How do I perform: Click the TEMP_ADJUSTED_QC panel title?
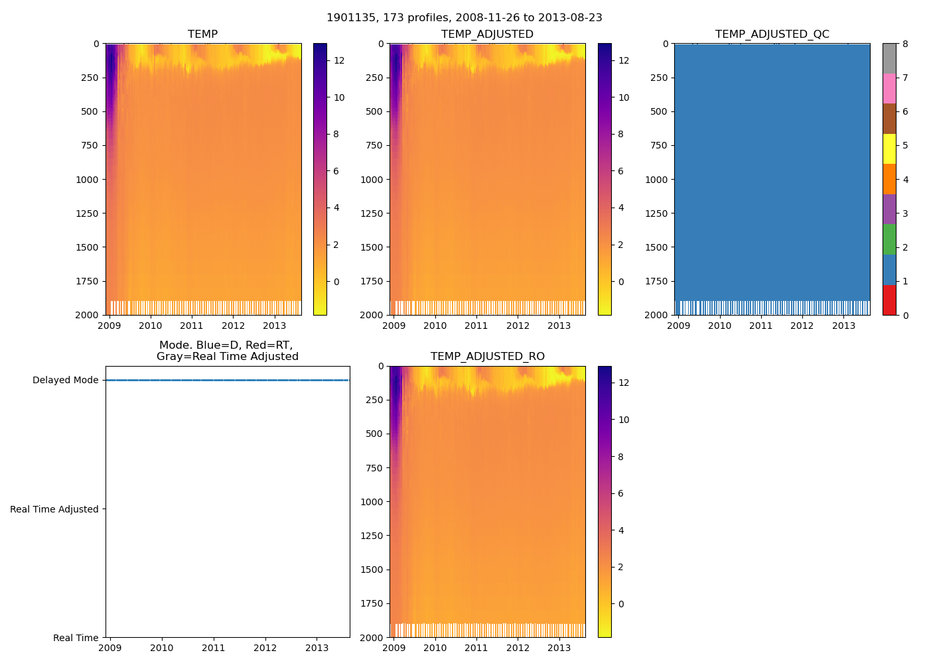click(x=772, y=34)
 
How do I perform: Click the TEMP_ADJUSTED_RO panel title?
click(x=487, y=356)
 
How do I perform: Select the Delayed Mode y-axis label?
click(x=65, y=380)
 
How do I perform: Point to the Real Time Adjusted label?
click(x=54, y=509)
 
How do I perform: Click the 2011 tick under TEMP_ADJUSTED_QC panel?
click(x=760, y=326)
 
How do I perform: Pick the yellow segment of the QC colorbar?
click(x=889, y=149)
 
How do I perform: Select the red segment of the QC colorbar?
click(x=889, y=300)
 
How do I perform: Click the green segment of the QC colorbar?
click(x=889, y=239)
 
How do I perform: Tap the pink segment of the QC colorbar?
click(x=889, y=88)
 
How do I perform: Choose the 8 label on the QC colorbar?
click(x=905, y=44)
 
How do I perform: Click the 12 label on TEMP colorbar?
click(x=339, y=60)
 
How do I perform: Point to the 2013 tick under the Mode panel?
click(x=317, y=648)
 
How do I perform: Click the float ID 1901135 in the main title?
click(x=349, y=18)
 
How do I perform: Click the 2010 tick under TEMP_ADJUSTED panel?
click(x=435, y=326)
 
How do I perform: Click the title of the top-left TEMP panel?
click(x=202, y=34)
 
